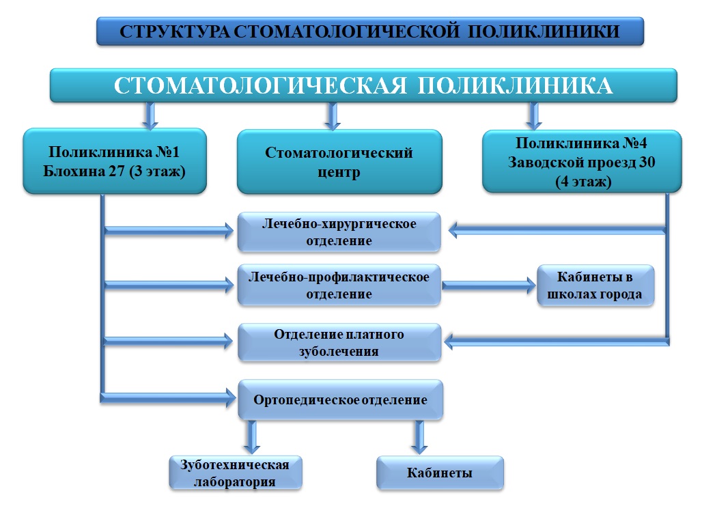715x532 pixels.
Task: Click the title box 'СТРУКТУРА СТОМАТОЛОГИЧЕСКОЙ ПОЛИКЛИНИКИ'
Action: [370, 31]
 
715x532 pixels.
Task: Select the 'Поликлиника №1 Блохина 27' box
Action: [115, 161]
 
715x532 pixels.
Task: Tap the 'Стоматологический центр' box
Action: [339, 162]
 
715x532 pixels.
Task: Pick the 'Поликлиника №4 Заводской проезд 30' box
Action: [582, 161]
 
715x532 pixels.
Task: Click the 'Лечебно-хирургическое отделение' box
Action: [339, 232]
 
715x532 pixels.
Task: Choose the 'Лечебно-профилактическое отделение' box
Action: [339, 285]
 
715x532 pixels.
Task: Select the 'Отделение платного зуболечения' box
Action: [339, 342]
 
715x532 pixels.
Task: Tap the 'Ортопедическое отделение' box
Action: [340, 400]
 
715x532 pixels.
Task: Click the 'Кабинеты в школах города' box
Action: [595, 285]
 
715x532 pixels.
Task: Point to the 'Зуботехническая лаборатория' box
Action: [236, 473]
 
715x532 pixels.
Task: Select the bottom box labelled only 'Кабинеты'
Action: [440, 473]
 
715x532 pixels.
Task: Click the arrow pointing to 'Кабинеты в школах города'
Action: [489, 286]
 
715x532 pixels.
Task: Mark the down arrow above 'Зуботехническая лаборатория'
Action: [251, 436]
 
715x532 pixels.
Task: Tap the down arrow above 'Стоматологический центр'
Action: [333, 116]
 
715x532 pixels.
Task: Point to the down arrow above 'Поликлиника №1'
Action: [150, 116]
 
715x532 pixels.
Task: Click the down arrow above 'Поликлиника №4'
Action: [533, 116]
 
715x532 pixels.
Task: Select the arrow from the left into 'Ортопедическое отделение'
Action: [168, 398]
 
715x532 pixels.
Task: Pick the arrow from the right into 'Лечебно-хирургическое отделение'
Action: [557, 230]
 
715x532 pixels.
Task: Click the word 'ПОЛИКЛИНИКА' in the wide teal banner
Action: [515, 85]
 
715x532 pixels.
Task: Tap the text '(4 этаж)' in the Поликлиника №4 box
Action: [583, 182]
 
